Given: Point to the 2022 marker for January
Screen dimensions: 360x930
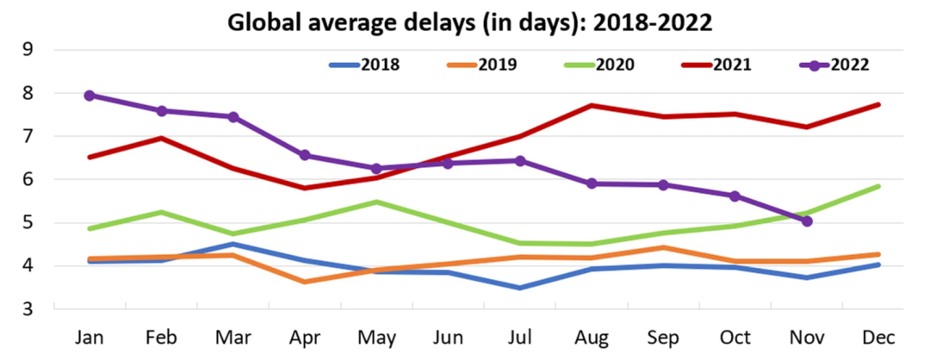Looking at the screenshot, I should pos(90,96).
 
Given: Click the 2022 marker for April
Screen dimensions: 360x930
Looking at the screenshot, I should pos(305,155).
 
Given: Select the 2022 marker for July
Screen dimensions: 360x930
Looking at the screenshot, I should pos(520,160).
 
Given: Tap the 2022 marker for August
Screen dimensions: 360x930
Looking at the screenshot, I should pos(592,183).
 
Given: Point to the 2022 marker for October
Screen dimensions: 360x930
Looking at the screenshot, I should pos(735,196).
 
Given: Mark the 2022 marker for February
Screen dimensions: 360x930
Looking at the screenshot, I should pos(162,110).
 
